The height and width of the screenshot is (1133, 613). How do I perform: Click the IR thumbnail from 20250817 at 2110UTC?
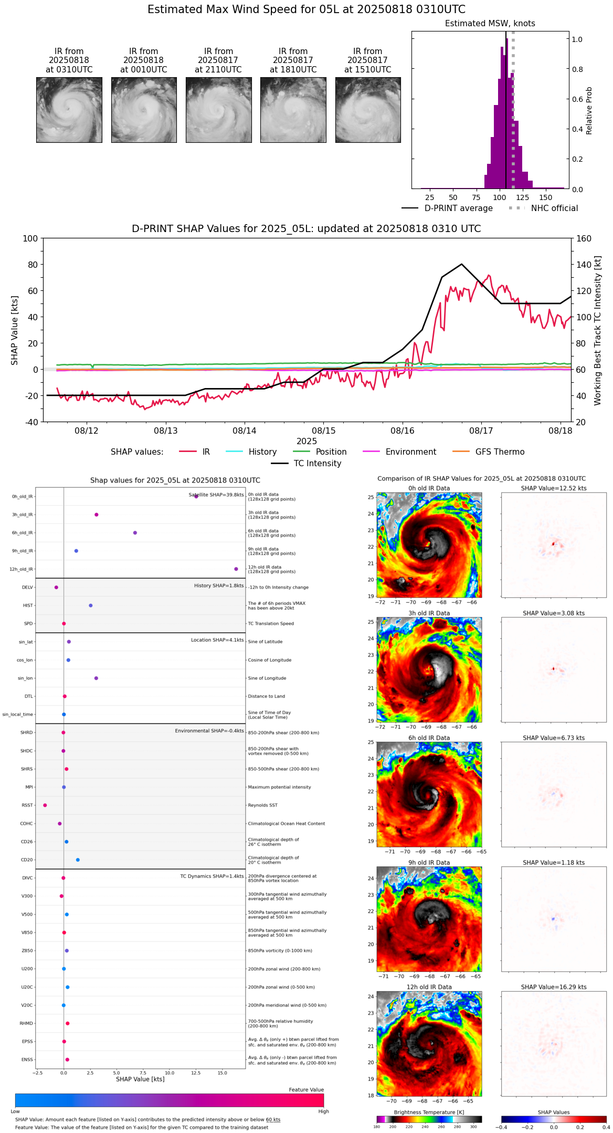coord(218,110)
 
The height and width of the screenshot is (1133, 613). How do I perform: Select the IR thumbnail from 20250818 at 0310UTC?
coord(69,110)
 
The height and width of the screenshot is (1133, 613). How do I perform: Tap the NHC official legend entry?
coord(554,208)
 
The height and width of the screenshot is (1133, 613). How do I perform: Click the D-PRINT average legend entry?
coord(458,208)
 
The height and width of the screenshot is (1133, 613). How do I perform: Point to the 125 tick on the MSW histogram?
coord(522,197)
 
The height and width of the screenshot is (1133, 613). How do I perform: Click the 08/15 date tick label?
coord(323,431)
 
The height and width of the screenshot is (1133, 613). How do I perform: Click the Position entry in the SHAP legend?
coord(331,452)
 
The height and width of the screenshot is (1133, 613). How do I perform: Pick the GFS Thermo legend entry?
coord(500,452)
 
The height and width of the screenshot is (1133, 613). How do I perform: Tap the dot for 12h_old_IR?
coord(236,569)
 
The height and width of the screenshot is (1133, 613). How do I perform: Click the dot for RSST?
coord(45,805)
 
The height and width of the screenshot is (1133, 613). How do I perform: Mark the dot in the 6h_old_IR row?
coord(135,533)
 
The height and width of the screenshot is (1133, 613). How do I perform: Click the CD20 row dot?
coord(78,860)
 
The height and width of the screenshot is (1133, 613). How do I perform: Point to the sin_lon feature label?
coord(25,678)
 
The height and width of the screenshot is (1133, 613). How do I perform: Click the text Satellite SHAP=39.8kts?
coord(216,495)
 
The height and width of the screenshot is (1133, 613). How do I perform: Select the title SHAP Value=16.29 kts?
coord(554,987)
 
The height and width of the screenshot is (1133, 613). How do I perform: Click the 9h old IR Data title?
coord(429,863)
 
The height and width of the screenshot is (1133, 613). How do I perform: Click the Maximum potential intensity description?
coord(279,787)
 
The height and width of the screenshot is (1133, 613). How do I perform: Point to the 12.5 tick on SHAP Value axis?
coord(196,1073)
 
